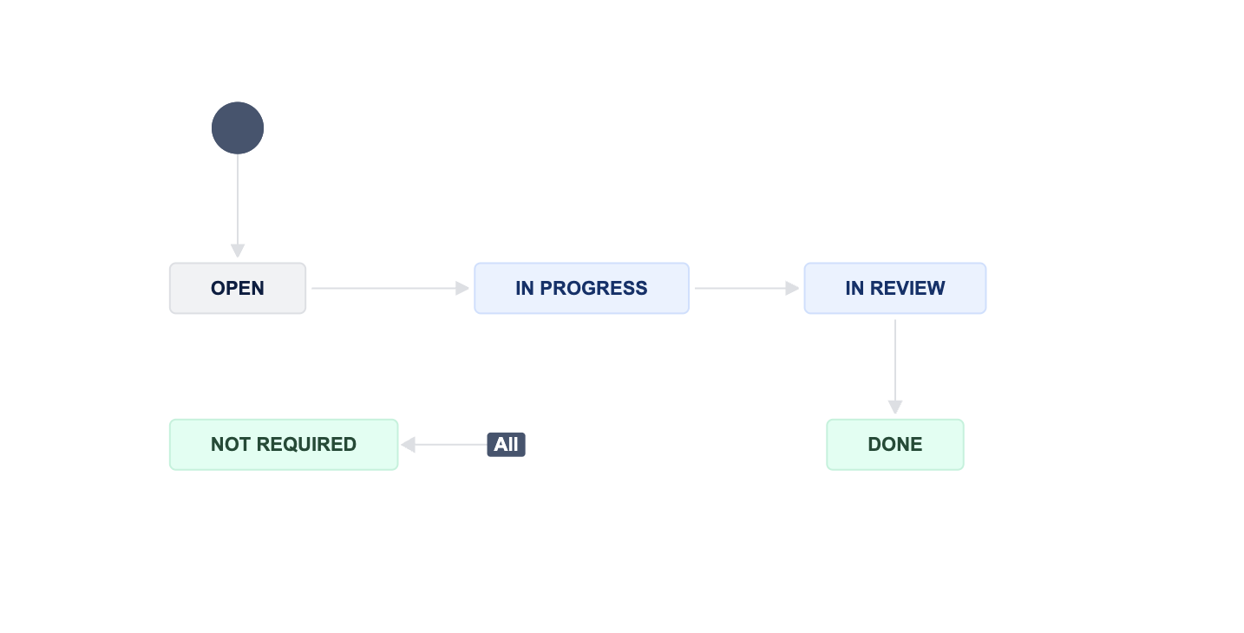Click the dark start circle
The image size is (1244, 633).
[238, 127]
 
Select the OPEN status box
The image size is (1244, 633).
[238, 288]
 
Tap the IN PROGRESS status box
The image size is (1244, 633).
[581, 288]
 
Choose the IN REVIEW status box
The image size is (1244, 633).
[895, 288]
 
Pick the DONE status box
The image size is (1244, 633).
[895, 444]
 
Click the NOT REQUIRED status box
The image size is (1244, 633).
[284, 444]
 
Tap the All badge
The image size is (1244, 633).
[506, 444]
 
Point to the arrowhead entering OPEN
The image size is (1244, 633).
[238, 251]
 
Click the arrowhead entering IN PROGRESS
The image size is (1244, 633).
[462, 288]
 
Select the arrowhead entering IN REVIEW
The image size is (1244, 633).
[793, 288]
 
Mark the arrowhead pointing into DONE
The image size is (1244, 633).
[895, 407]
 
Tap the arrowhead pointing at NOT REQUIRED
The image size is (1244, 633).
[409, 444]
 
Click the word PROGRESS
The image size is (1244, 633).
[593, 288]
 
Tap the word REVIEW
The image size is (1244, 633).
[907, 288]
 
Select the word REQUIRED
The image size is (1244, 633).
[306, 444]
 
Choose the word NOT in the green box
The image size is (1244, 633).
[231, 444]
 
